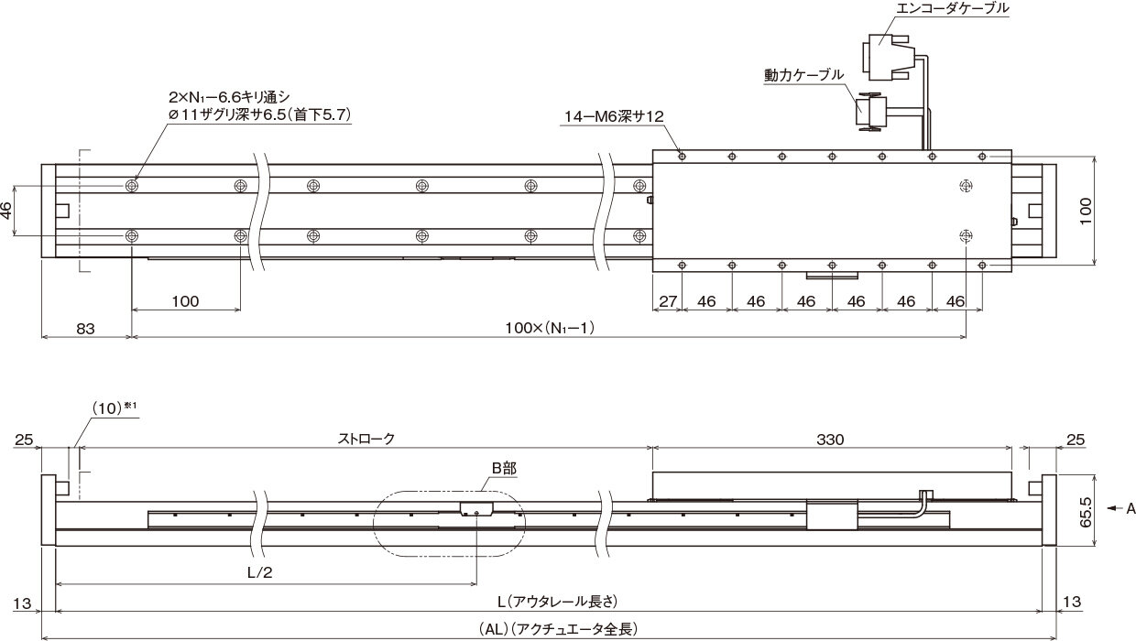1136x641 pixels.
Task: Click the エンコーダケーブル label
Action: pyautogui.click(x=953, y=8)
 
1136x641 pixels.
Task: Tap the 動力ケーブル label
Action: pyautogui.click(x=803, y=75)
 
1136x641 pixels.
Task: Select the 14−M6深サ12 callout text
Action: pyautogui.click(x=614, y=116)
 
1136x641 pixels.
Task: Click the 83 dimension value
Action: pyautogui.click(x=85, y=330)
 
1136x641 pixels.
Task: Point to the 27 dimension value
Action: pyautogui.click(x=667, y=301)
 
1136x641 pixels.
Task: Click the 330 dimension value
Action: pyautogui.click(x=830, y=440)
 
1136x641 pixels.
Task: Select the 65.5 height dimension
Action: pyautogui.click(x=1086, y=512)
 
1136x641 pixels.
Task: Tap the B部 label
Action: pyautogui.click(x=504, y=469)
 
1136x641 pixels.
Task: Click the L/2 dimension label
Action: pyautogui.click(x=259, y=572)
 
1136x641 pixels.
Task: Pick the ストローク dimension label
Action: pyautogui.click(x=366, y=439)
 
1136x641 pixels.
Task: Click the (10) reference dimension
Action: pyautogui.click(x=107, y=408)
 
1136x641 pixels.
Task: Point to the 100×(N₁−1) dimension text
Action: pyautogui.click(x=550, y=329)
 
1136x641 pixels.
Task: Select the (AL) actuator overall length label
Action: pyautogui.click(x=558, y=629)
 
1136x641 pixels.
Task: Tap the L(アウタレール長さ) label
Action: pyautogui.click(x=557, y=602)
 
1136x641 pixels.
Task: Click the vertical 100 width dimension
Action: pyautogui.click(x=1086, y=212)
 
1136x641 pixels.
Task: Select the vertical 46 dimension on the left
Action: pyautogui.click(x=6, y=211)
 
